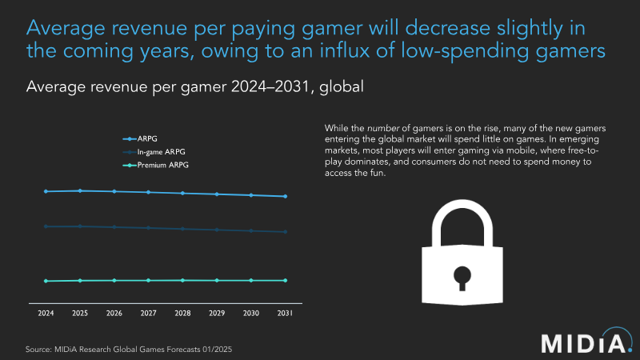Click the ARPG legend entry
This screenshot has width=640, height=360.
(x=149, y=138)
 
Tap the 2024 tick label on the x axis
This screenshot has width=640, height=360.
(x=46, y=314)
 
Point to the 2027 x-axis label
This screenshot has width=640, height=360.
(x=149, y=314)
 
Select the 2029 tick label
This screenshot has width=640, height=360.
(x=217, y=314)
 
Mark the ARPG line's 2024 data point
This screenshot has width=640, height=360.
(x=46, y=191)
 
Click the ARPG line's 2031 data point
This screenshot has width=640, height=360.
(x=286, y=196)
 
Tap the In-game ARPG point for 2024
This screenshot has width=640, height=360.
(x=46, y=226)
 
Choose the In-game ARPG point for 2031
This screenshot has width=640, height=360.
(x=286, y=232)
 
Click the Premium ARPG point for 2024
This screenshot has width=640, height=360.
(x=46, y=281)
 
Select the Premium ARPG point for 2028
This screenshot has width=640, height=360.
(x=183, y=280)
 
